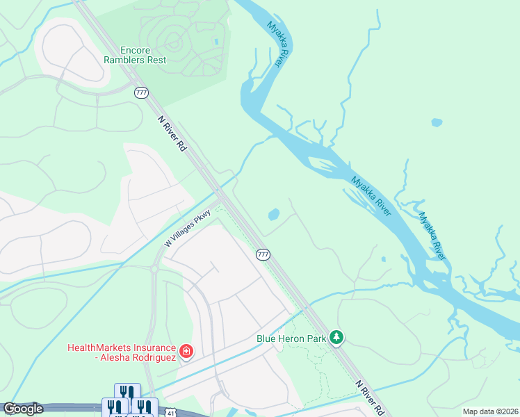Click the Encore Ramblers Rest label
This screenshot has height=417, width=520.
click(144, 55)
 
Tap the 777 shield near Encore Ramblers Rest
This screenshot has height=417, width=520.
click(142, 92)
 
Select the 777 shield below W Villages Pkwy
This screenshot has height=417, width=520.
click(263, 254)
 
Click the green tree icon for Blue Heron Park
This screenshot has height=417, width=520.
click(336, 338)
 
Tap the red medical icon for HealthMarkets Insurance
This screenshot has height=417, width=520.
click(186, 352)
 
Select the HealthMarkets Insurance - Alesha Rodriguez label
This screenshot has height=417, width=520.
click(122, 352)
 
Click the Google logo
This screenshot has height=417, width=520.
click(23, 409)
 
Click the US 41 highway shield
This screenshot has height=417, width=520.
click(171, 412)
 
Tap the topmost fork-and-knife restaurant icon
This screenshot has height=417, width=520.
click(127, 393)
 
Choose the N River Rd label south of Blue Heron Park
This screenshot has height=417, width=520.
click(368, 395)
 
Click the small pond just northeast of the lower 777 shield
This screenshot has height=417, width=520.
click(274, 214)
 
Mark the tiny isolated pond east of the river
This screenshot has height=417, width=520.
click(437, 123)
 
